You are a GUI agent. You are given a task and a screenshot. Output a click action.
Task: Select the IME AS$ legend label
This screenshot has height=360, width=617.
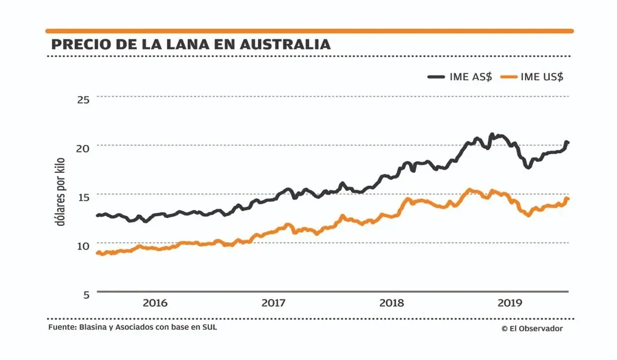(472, 77)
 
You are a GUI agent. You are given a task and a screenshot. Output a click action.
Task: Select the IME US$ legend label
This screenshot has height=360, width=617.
(542, 77)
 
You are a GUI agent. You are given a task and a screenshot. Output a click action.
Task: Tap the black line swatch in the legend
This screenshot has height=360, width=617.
(437, 77)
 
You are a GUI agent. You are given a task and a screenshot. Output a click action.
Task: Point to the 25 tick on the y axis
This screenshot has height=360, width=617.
(83, 99)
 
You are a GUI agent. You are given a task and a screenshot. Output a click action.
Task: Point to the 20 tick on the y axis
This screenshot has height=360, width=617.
(83, 148)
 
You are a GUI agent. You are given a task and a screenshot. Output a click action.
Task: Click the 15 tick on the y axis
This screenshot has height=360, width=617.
(83, 196)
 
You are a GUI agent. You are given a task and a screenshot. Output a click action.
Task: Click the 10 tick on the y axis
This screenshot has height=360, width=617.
(83, 245)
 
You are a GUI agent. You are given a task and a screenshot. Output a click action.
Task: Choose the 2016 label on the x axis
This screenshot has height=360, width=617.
(155, 303)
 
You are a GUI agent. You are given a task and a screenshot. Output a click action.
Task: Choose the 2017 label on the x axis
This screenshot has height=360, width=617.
(273, 303)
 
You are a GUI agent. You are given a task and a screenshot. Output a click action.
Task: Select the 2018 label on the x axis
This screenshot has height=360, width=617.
(391, 303)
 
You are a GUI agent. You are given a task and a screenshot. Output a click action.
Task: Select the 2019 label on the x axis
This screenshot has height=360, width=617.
(510, 303)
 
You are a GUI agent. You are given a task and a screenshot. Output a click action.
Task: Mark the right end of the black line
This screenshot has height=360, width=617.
(568, 143)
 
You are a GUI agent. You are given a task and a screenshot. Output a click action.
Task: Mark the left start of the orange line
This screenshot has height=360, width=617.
(97, 253)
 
